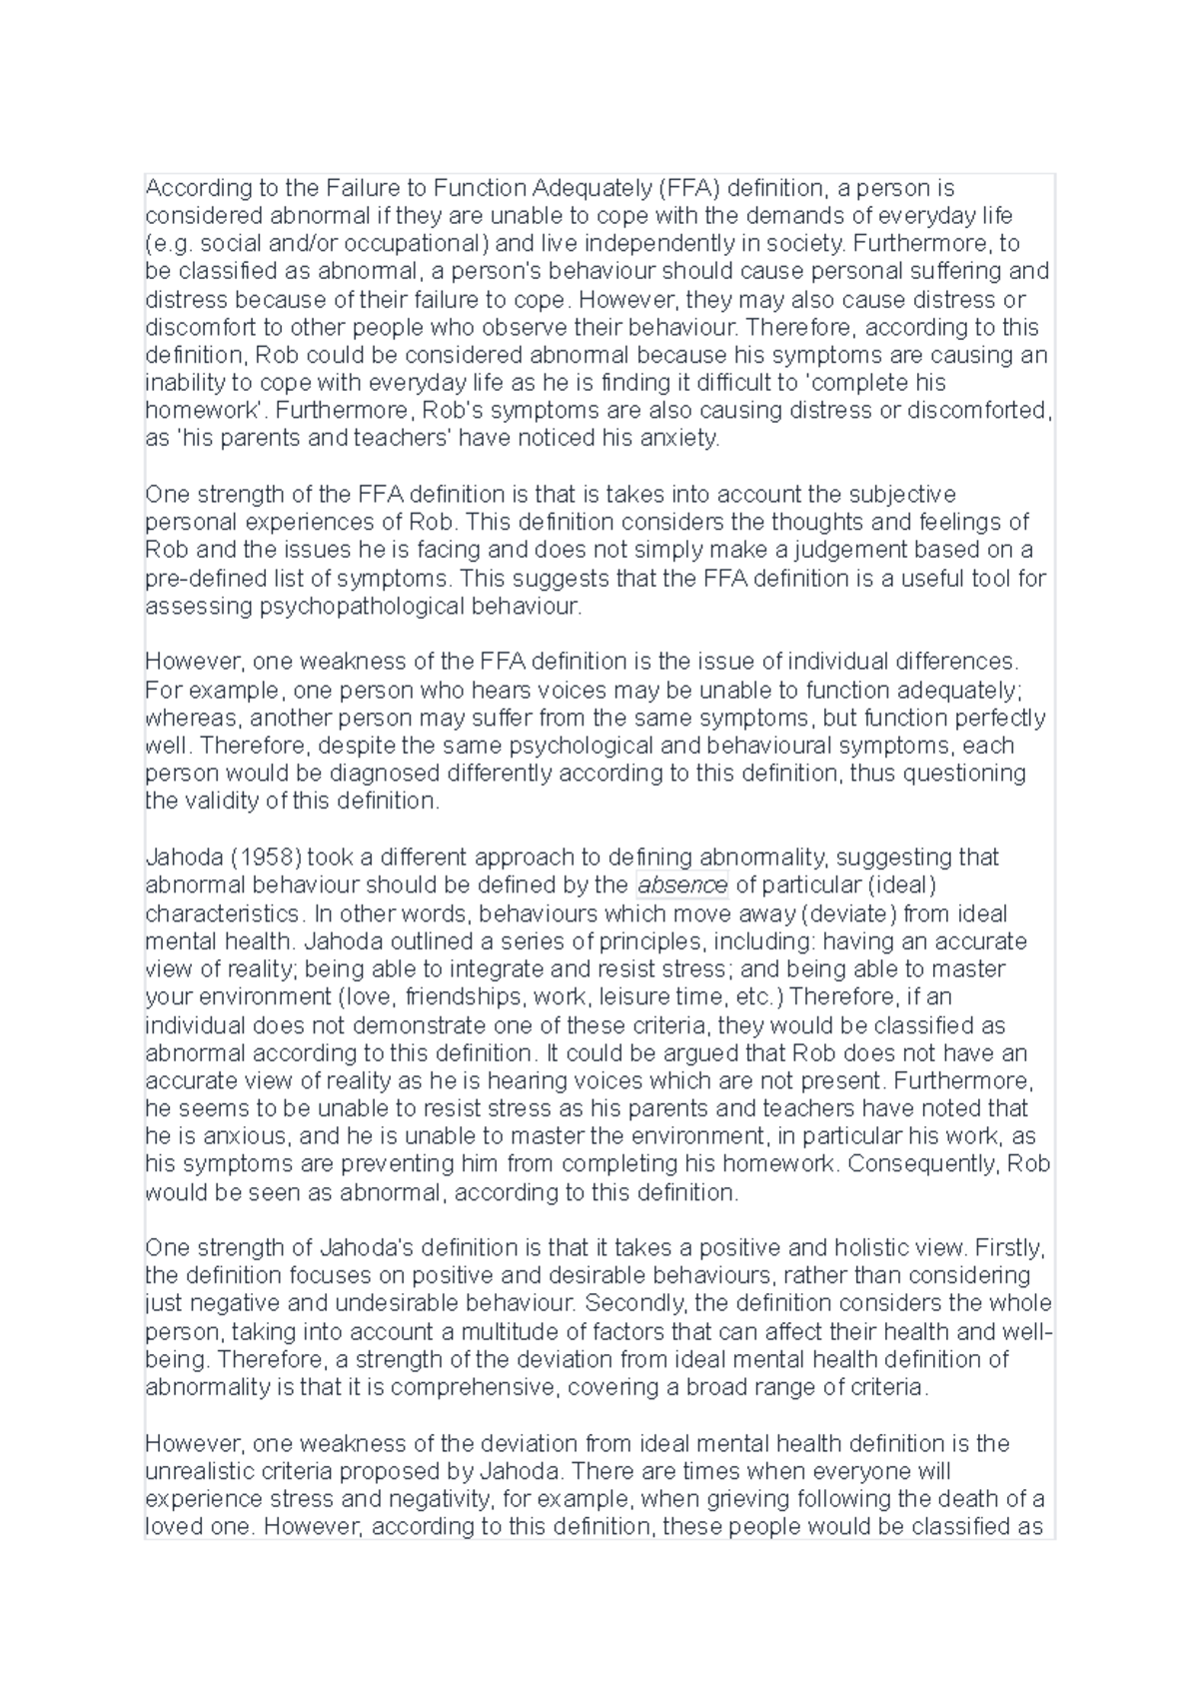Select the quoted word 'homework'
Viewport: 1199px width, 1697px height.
click(x=206, y=411)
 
